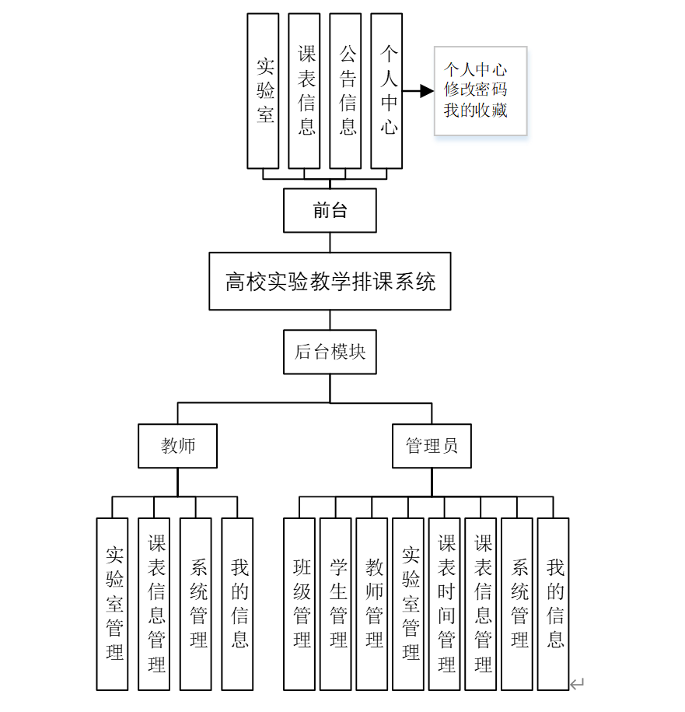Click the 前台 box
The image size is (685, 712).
click(x=330, y=210)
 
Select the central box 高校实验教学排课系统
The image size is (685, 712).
click(x=330, y=281)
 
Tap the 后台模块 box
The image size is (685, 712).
click(x=330, y=352)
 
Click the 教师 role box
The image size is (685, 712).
click(x=177, y=446)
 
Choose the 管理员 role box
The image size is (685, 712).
click(x=432, y=446)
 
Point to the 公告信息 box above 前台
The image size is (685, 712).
click(x=345, y=90)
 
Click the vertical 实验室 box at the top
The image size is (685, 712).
click(x=263, y=90)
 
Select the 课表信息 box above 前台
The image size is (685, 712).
click(x=304, y=90)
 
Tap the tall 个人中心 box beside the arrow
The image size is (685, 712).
click(x=386, y=90)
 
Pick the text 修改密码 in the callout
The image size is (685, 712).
click(x=475, y=89)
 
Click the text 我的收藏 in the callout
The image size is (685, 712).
click(x=475, y=110)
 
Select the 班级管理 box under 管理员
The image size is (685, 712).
click(x=299, y=604)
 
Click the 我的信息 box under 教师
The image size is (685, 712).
click(x=237, y=604)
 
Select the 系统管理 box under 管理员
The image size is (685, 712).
click(x=517, y=604)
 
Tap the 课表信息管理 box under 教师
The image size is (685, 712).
click(x=154, y=604)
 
